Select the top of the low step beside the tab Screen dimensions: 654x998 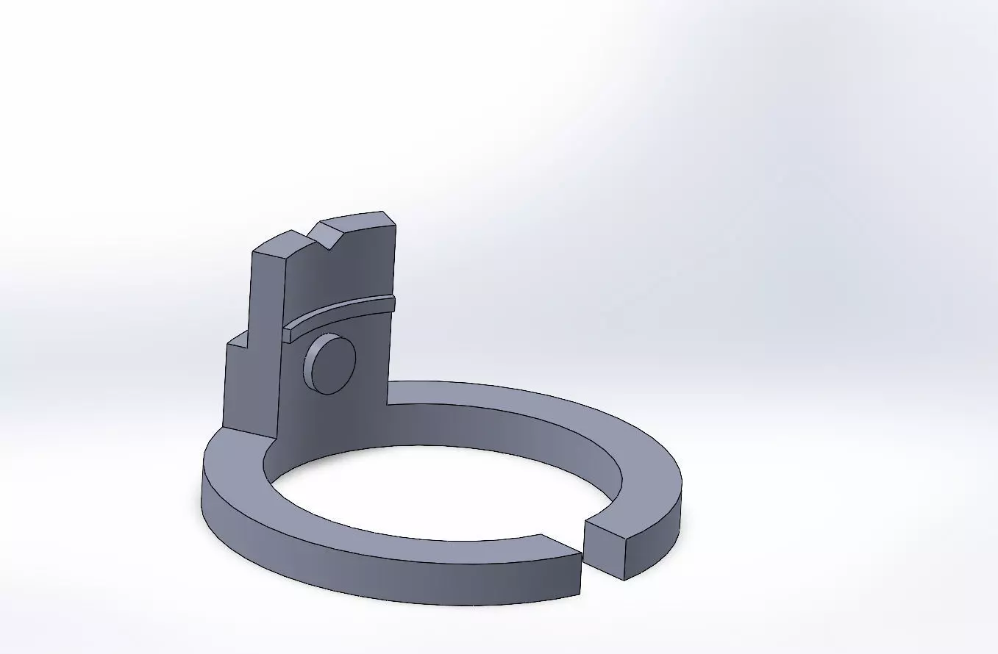pyautogui.click(x=237, y=339)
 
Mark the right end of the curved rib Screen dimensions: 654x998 pyautogui.click(x=392, y=303)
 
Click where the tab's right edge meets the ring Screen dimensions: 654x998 pyautogui.click(x=387, y=404)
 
